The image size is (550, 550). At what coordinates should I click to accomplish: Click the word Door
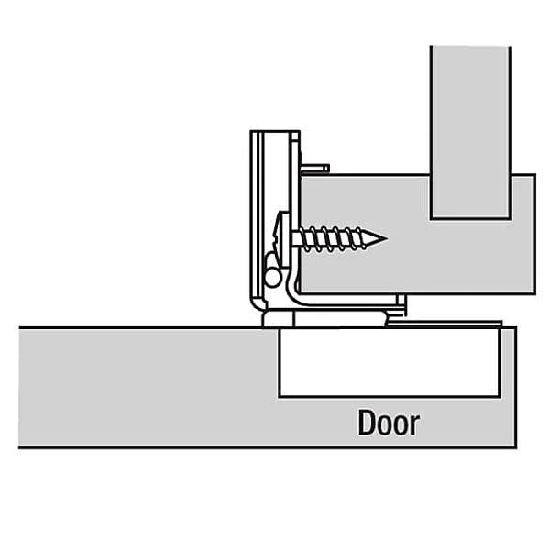click(389, 423)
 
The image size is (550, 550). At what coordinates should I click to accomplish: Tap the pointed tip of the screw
click(387, 238)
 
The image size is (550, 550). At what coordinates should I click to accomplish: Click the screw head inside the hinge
click(282, 239)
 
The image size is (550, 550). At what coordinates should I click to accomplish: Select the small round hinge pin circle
click(272, 278)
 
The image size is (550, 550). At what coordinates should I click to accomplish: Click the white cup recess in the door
click(390, 363)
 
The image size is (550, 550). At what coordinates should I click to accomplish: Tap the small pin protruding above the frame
click(315, 169)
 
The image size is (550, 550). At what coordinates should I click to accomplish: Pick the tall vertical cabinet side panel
click(470, 132)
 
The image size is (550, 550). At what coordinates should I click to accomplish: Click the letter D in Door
click(366, 423)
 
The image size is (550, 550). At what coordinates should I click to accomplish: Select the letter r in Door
click(415, 425)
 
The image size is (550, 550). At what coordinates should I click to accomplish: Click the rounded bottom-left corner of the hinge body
click(255, 303)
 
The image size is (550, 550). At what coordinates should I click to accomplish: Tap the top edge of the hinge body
click(275, 131)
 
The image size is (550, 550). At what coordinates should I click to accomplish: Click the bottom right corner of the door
click(516, 447)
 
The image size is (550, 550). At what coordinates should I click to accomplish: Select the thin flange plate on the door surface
click(445, 323)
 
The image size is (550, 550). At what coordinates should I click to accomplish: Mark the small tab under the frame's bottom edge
click(401, 301)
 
